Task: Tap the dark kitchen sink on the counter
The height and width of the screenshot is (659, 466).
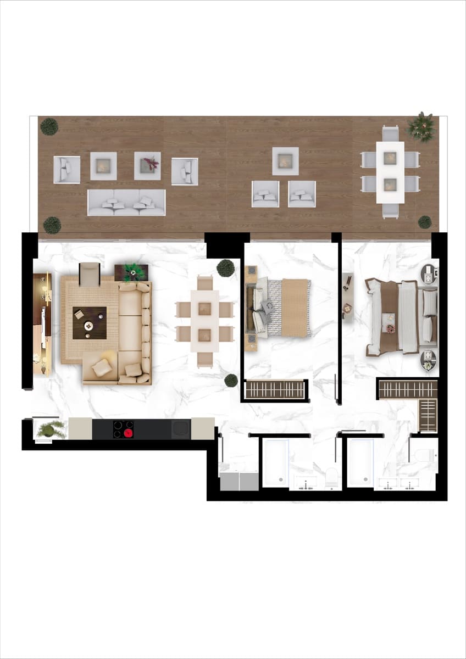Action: (181, 429)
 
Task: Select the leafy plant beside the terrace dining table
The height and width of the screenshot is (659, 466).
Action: (421, 127)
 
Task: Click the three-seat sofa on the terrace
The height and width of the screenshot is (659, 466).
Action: (126, 203)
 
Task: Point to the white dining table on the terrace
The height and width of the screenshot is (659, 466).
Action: (390, 172)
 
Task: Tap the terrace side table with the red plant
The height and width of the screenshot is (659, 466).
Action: (147, 165)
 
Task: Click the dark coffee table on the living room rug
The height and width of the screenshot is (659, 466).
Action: (90, 323)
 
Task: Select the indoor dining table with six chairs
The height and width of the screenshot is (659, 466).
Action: (204, 321)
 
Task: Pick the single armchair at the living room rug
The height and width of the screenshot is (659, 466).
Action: (90, 273)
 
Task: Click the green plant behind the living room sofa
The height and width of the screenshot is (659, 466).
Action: (132, 272)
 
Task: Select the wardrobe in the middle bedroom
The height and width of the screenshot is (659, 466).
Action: (274, 389)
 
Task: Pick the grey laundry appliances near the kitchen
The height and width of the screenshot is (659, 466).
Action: (239, 481)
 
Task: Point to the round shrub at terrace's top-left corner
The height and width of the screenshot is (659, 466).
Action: (49, 127)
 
